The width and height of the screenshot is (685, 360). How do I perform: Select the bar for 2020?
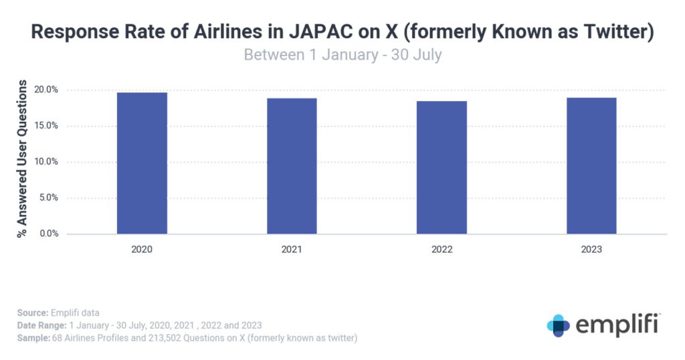142,163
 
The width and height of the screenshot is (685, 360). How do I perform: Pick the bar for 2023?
591,166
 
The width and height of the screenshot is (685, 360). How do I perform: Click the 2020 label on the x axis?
142,250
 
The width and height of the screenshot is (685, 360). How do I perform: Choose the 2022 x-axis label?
442,250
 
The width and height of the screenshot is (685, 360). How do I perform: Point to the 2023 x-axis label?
591,250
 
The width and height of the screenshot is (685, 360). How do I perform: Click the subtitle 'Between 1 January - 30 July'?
342,54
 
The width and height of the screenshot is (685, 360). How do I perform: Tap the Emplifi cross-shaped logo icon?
558,325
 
